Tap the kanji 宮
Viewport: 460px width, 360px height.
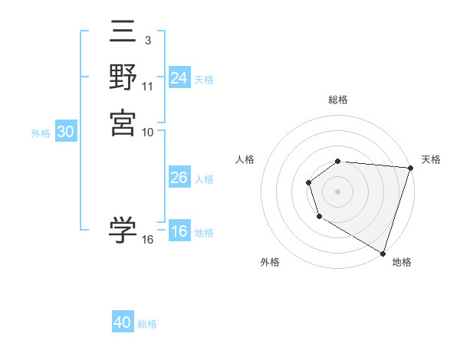123,123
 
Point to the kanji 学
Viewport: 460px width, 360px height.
123,230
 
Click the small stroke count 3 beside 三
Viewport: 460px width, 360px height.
147,40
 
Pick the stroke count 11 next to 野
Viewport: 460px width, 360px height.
148,86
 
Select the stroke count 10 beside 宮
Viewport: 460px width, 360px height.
148,132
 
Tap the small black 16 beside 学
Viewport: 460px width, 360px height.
148,240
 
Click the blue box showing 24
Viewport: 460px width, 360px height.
179,78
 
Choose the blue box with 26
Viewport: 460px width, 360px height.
179,178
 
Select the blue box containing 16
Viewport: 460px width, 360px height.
179,232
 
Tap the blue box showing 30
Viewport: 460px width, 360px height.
66,132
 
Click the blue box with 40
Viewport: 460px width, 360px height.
123,322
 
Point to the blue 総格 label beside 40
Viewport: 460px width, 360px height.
147,324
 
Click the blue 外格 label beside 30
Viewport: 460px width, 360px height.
41,133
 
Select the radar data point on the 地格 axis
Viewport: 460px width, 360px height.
383,252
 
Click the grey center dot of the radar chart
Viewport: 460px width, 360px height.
337,191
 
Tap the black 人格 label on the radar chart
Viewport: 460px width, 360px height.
245,159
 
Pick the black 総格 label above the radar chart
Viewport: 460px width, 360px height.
338,100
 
